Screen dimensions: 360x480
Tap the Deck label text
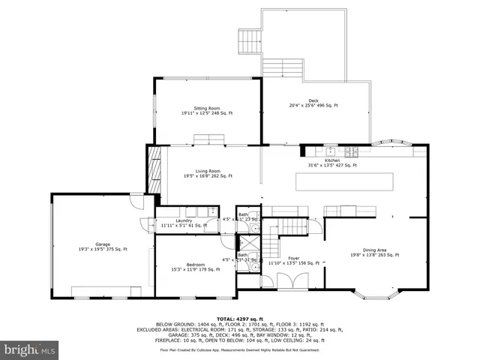(x=313, y=103)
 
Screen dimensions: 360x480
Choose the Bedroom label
(x=196, y=266)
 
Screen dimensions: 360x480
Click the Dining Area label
(x=375, y=251)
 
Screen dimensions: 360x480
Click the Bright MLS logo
(x=30, y=349)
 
